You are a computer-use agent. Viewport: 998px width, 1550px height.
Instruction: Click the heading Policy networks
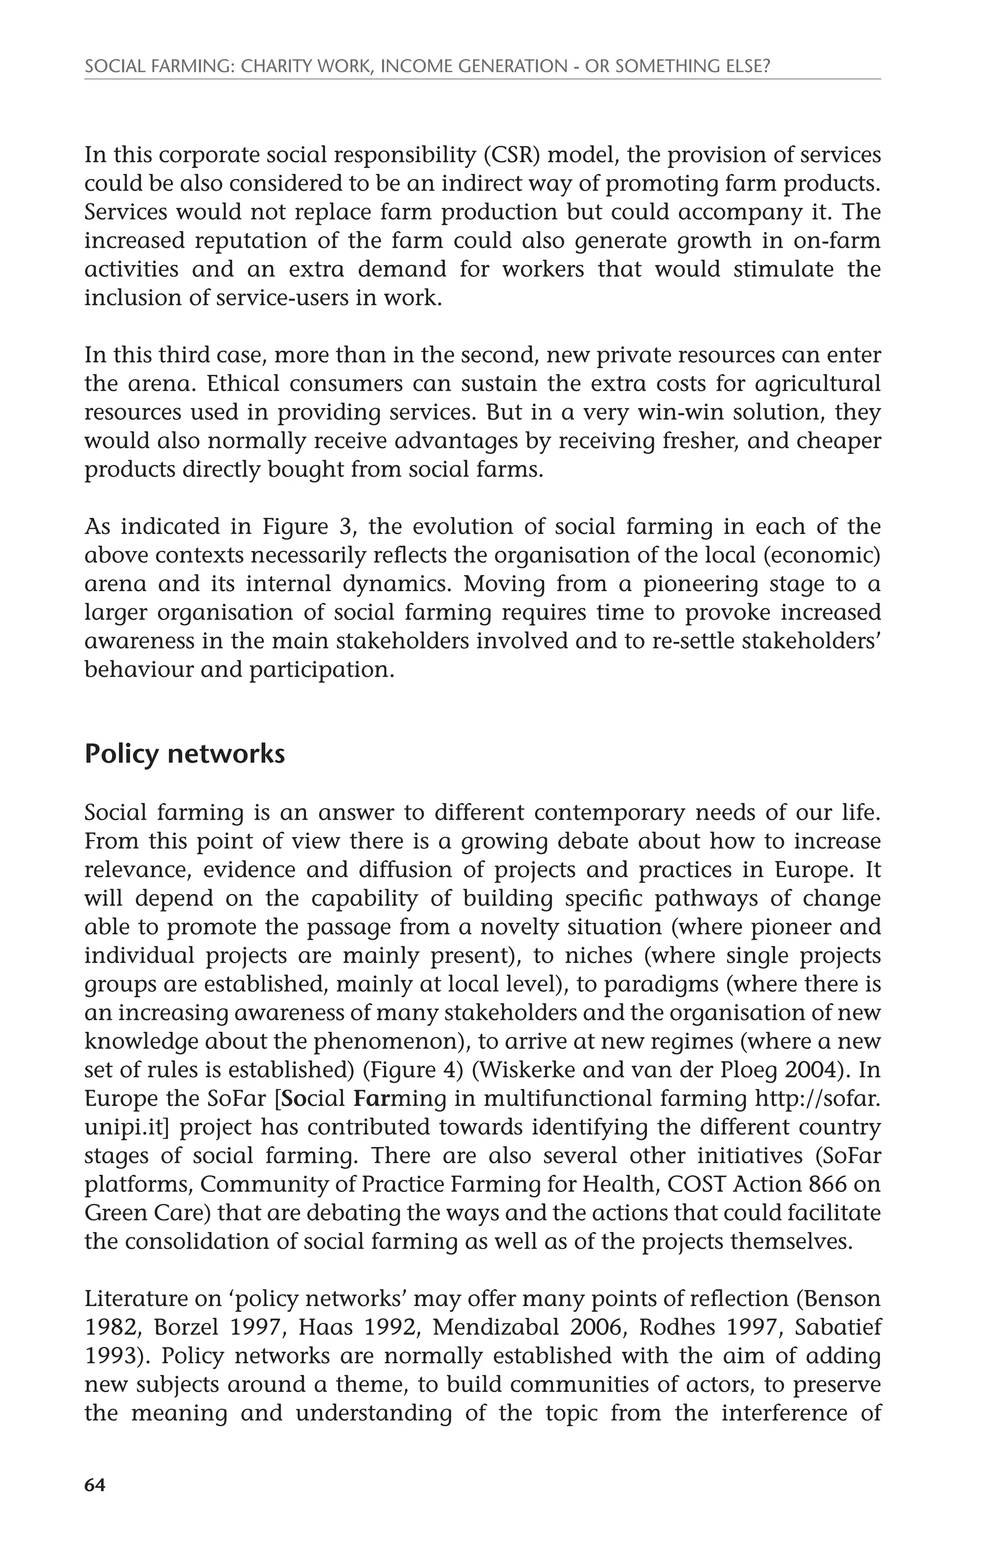tap(184, 754)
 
